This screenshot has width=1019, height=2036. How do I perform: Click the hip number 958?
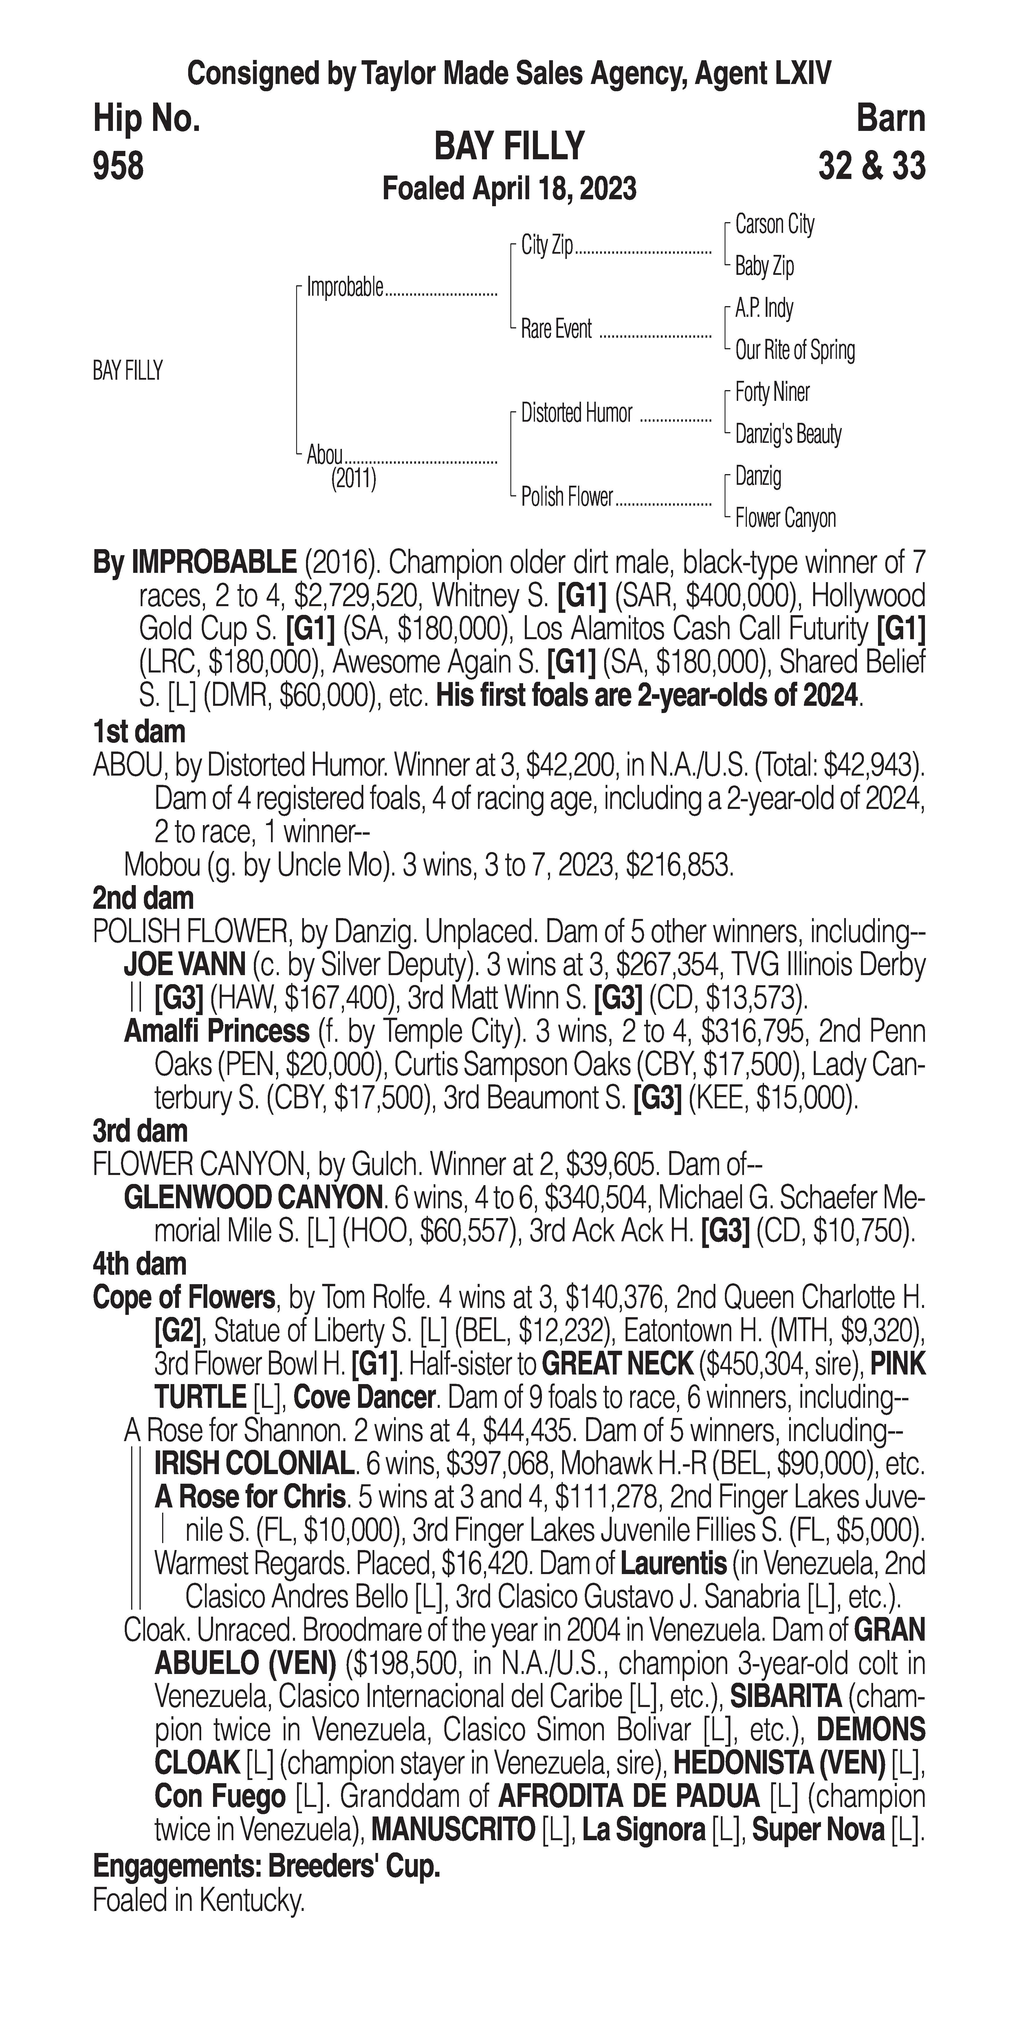(x=118, y=167)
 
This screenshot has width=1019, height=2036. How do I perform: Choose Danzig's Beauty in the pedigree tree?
(x=787, y=434)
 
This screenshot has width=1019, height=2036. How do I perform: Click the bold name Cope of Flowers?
(x=183, y=1298)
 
